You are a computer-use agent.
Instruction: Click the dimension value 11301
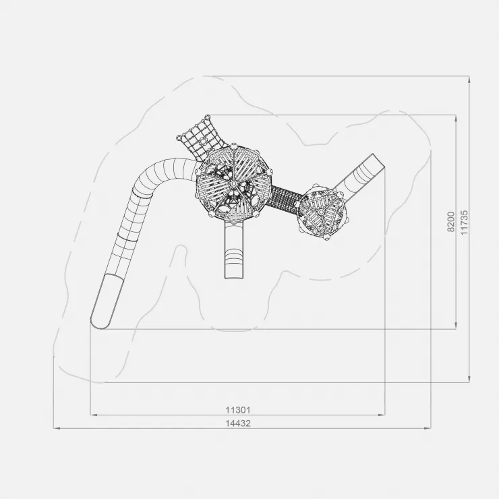238,410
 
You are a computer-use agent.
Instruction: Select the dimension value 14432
238,423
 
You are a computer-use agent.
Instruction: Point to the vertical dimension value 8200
451,221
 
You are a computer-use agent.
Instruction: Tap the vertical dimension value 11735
465,222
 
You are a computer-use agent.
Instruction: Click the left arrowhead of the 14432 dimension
57,428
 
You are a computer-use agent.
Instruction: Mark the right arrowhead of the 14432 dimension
428,428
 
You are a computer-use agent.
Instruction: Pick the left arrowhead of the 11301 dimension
94,415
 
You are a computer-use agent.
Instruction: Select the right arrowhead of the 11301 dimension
382,415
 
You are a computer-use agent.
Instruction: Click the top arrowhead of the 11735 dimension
469,80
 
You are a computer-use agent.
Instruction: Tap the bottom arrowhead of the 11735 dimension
469,379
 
